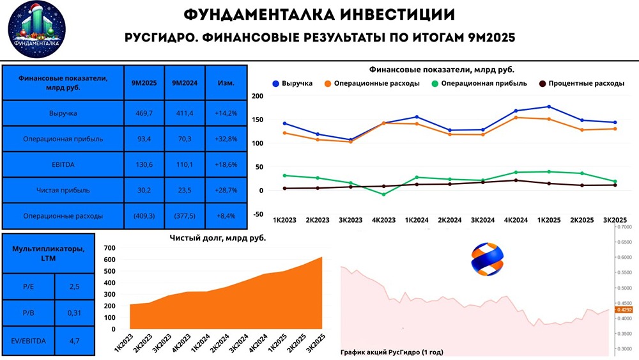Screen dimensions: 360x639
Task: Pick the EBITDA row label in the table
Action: [62, 164]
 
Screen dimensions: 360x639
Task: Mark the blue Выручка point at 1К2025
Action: [549, 107]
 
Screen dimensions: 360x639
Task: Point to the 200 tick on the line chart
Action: [258, 96]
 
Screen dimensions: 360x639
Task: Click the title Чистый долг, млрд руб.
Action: [218, 238]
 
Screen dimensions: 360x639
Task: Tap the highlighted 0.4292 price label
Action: [624, 310]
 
